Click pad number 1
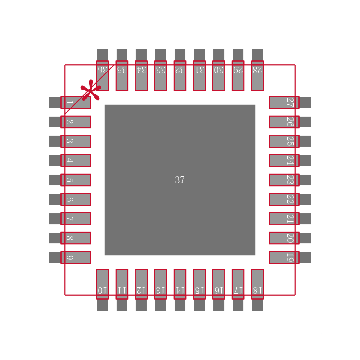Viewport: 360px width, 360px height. [x=75, y=103]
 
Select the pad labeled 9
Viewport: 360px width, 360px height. [x=75, y=257]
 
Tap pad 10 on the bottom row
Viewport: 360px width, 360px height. [x=103, y=284]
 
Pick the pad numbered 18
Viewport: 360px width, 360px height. [x=257, y=284]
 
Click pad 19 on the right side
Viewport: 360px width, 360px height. [x=284, y=257]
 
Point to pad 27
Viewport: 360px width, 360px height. [x=284, y=103]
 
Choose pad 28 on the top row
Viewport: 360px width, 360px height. [x=257, y=76]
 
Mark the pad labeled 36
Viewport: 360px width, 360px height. [x=103, y=76]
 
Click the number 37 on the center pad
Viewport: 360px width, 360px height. [x=180, y=180]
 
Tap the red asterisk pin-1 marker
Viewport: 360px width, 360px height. [x=90, y=91]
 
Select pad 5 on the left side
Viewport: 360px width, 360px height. [x=75, y=180]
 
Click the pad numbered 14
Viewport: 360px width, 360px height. [x=180, y=284]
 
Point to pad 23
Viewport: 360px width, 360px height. [x=284, y=180]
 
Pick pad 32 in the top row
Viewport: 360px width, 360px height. [x=180, y=76]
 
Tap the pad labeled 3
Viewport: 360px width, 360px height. [x=75, y=141]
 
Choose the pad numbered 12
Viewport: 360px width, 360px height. [x=141, y=284]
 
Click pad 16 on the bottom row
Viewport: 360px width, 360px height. [x=219, y=284]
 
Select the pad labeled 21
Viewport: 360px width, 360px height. [x=284, y=219]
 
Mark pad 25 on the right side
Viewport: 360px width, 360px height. [x=284, y=141]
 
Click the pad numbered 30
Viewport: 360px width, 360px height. [x=219, y=76]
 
